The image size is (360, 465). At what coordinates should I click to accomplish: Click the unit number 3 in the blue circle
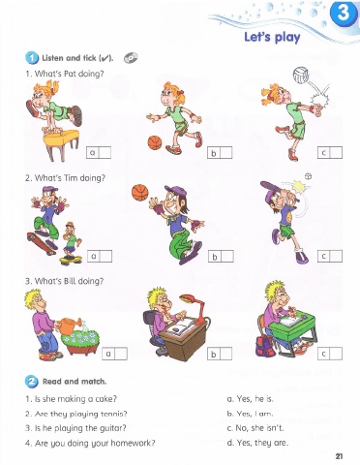pos(344,13)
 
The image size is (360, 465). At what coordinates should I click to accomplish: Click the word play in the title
pos(287,37)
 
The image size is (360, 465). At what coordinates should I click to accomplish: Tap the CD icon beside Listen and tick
pos(131,58)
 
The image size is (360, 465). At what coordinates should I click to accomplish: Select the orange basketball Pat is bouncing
pos(155,142)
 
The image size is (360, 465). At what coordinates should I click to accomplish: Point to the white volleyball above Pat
pos(301,75)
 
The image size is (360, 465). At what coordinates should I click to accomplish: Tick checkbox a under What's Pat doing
pos(105,152)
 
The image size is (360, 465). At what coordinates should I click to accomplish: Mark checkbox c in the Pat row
pos(336,152)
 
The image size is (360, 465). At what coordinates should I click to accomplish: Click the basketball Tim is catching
pos(140,193)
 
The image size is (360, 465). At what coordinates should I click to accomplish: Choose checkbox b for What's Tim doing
pos(227,257)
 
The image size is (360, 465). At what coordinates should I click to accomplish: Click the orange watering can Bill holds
pos(69,325)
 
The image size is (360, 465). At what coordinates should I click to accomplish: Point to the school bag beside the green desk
pos(266,345)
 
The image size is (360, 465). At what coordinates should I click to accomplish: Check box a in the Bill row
pos(121,354)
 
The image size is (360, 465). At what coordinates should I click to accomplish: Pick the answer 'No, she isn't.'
pos(255,428)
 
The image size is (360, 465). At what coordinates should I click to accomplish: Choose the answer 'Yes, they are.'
pos(257,443)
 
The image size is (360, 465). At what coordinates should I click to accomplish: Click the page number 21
pos(339,456)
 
